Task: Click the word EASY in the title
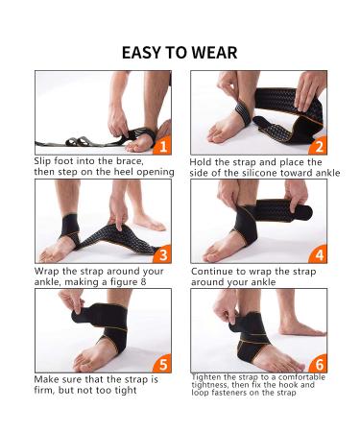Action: pyautogui.click(x=144, y=52)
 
